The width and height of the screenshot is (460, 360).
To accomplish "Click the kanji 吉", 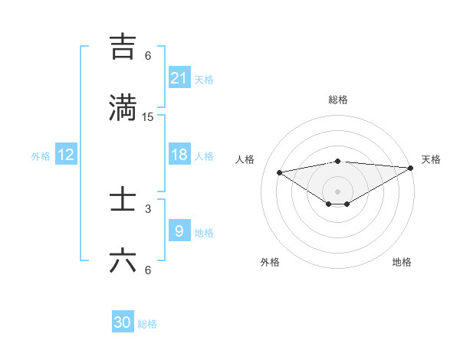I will click(123, 47).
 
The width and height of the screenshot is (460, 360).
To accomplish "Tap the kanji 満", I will click(123, 107).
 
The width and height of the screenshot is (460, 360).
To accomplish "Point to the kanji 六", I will click(123, 260).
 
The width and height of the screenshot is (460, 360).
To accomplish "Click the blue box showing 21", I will click(179, 78).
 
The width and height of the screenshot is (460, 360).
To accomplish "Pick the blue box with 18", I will click(179, 155).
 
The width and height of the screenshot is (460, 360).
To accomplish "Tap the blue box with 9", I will click(179, 231).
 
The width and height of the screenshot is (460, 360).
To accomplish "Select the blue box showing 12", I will click(66, 155).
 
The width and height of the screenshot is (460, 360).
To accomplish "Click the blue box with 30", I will click(123, 322).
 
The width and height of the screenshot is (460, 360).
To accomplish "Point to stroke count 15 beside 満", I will click(148, 117).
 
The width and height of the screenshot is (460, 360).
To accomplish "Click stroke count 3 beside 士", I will click(148, 208).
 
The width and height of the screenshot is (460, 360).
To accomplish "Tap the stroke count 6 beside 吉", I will click(148, 56).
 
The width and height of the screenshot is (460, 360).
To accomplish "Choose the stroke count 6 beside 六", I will click(148, 270).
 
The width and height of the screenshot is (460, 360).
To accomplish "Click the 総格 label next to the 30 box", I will click(147, 324).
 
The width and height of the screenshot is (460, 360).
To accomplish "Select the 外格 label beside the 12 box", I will click(41, 156).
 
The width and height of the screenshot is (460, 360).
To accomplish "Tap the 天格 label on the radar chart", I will click(431, 159).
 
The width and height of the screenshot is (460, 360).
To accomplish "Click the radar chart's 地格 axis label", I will click(402, 262).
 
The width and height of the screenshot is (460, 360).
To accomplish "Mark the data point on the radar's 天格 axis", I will click(411, 168).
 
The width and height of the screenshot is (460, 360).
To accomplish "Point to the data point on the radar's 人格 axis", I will click(279, 172).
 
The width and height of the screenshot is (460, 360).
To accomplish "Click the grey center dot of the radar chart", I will click(338, 191).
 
